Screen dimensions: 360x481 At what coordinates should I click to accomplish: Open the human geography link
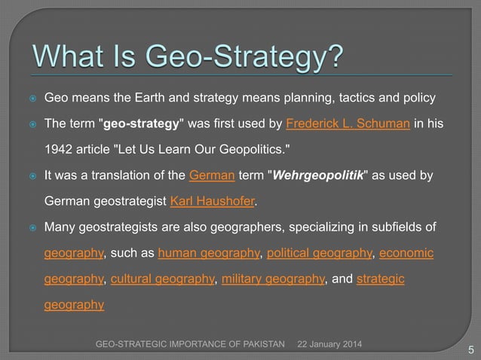pos(196,252)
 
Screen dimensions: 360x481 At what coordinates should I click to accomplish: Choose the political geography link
pos(321,252)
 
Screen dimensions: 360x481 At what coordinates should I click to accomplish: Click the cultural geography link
pos(162,279)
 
